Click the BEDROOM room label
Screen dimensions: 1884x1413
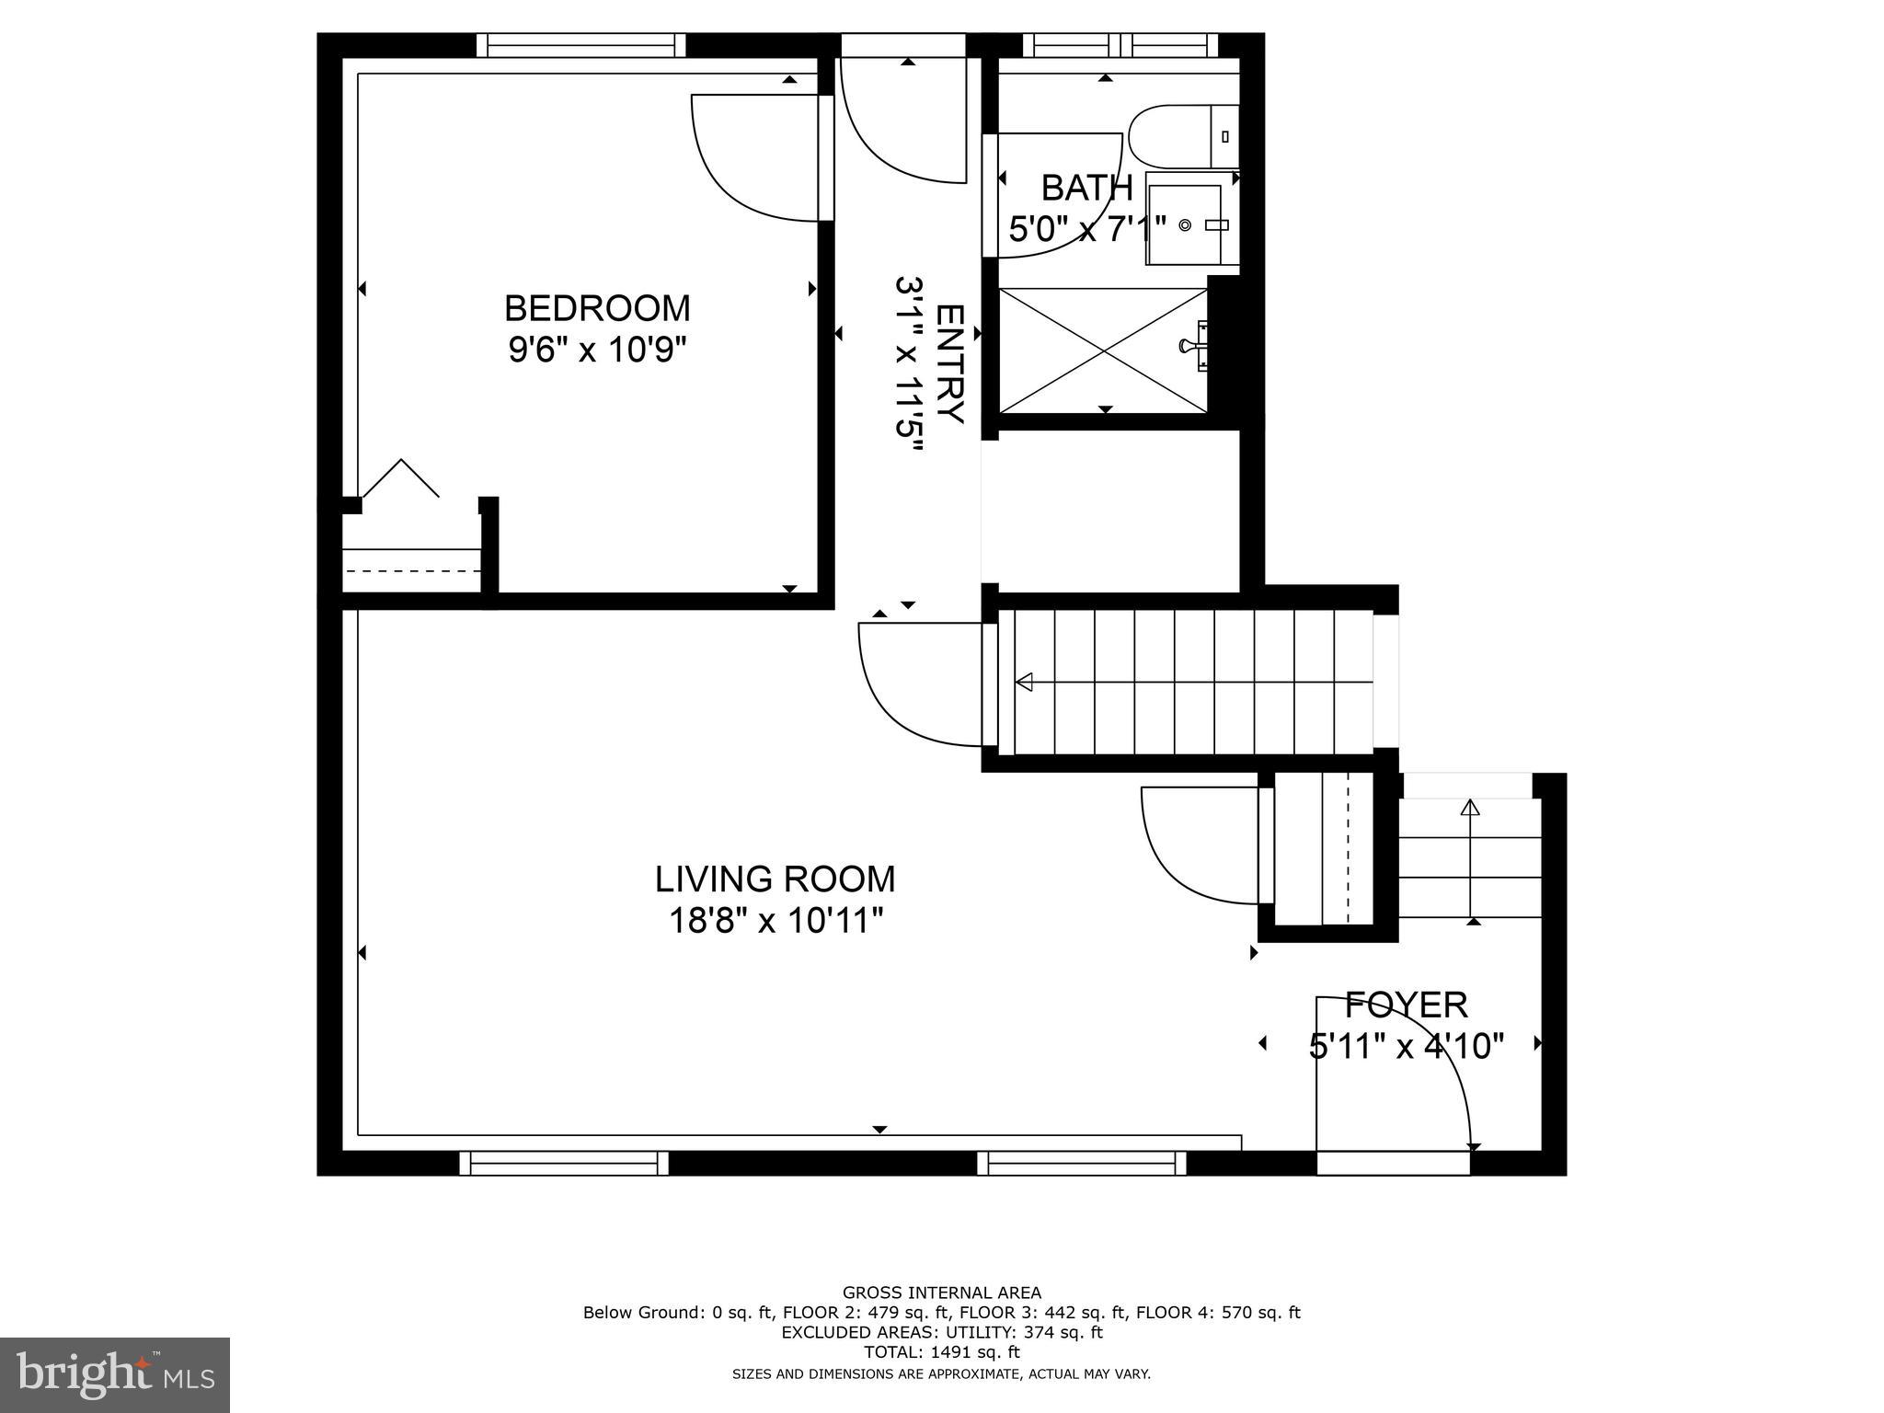(x=598, y=307)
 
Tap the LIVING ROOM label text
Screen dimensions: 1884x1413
(x=775, y=879)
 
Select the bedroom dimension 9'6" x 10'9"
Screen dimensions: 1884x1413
(x=598, y=350)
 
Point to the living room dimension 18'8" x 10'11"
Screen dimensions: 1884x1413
(x=775, y=920)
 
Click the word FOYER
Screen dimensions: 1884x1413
(x=1407, y=1005)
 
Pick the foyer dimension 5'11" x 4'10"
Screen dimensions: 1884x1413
(x=1407, y=1046)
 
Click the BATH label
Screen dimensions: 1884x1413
(x=1086, y=188)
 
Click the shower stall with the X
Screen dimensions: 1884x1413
(x=1104, y=350)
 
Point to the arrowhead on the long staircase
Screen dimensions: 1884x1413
(x=1024, y=682)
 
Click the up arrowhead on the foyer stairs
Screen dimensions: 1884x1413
(x=1470, y=808)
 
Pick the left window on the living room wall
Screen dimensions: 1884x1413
(x=564, y=1163)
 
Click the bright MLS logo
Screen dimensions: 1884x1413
(x=115, y=1374)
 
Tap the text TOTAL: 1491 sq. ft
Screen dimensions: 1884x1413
(x=942, y=1352)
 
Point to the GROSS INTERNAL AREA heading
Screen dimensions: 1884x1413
(x=942, y=1292)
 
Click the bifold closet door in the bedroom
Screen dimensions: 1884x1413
(x=401, y=478)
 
